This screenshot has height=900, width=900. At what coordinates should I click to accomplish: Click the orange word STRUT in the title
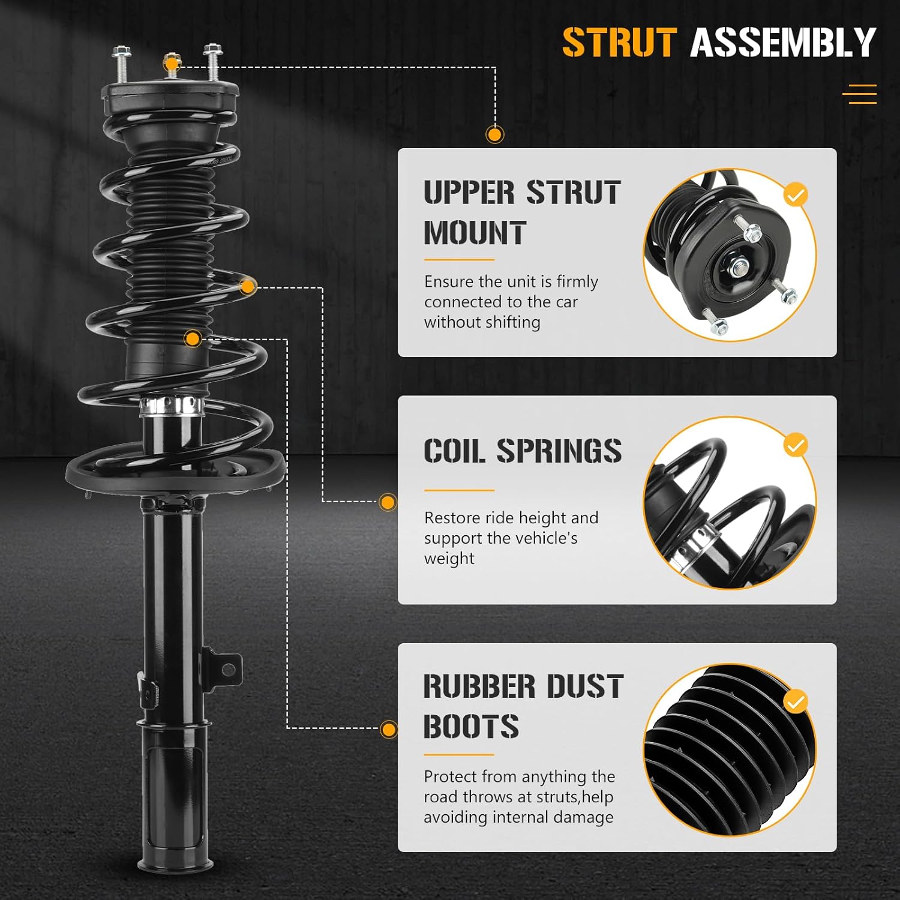click(x=619, y=43)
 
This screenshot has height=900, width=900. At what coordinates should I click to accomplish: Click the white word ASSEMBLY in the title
click(x=783, y=43)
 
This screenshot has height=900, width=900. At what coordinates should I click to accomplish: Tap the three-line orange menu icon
click(x=859, y=94)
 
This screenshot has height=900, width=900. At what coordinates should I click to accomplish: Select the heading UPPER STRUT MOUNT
click(x=521, y=212)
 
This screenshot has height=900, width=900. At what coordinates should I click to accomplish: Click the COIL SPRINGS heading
click(x=522, y=451)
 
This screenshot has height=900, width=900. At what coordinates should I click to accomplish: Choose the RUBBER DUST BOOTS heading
click(x=523, y=706)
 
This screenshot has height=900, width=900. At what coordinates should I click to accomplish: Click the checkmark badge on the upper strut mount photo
click(x=796, y=195)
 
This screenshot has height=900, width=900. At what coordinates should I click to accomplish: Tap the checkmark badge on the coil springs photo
click(x=796, y=446)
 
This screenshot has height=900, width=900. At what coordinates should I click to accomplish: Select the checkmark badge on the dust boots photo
click(x=796, y=701)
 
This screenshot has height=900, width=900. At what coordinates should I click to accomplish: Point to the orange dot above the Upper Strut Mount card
click(x=494, y=134)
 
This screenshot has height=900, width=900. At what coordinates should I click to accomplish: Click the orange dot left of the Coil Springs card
click(x=388, y=502)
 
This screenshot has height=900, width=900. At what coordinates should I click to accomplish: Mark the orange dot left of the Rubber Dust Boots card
click(x=389, y=730)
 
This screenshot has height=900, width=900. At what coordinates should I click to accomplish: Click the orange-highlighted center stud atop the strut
click(x=172, y=63)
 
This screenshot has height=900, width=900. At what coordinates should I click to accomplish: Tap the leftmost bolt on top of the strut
click(x=120, y=63)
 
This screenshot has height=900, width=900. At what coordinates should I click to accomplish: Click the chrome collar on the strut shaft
click(x=171, y=406)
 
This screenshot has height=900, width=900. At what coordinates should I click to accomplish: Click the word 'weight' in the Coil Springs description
click(x=449, y=559)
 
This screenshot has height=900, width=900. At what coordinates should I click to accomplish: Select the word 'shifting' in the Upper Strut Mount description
click(x=512, y=322)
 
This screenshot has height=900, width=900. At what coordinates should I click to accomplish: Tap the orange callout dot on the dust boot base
click(x=193, y=339)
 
